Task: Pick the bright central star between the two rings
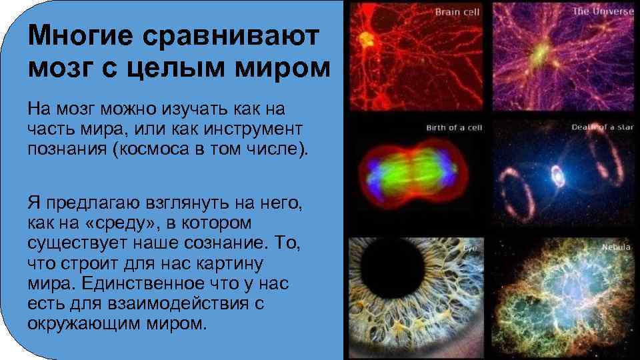pos(555,176)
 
